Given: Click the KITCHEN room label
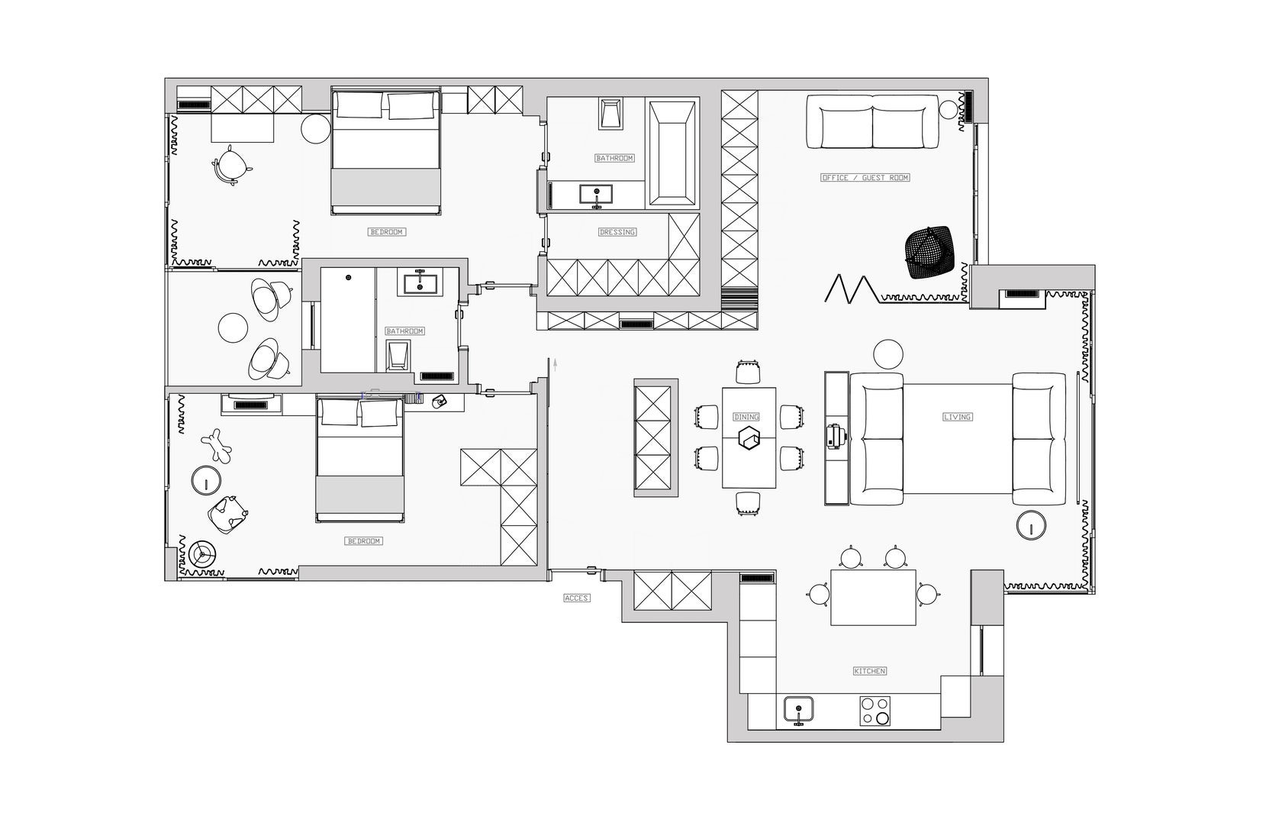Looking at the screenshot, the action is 869,671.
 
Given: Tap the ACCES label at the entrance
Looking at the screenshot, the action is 576,598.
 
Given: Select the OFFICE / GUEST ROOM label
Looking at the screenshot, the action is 865,177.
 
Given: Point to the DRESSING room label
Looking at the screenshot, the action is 617,232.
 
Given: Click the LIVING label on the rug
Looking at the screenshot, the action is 957,417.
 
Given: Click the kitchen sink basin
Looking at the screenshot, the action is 798,710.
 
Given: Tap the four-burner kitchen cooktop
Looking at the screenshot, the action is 875,711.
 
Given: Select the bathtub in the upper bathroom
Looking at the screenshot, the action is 672,153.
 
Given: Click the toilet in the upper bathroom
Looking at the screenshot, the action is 610,113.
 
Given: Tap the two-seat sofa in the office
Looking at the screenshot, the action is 872,122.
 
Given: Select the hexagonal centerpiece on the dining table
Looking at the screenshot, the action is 749,438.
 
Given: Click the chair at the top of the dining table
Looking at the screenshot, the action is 748,373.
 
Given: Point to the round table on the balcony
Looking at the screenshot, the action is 233,327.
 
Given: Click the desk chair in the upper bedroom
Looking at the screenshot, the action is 231,165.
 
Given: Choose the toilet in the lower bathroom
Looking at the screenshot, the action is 398,356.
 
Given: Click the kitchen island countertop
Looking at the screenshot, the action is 873,597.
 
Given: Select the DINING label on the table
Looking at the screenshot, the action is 746,417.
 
